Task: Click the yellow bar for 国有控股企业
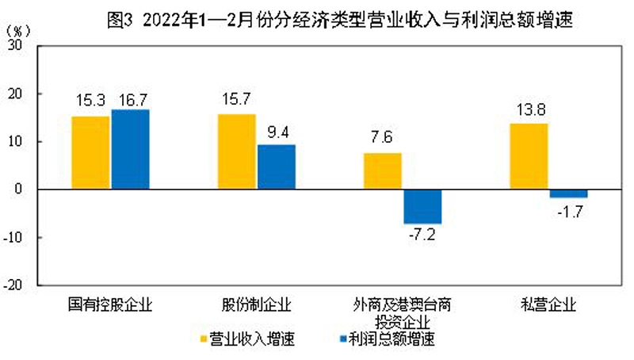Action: [x=91, y=152]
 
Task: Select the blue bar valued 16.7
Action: [x=131, y=149]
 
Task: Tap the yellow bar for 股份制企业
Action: [x=237, y=151]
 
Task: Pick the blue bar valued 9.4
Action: [x=277, y=167]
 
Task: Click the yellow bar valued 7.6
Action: [x=383, y=170]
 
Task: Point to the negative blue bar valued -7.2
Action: [x=422, y=206]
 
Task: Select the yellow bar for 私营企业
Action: [x=529, y=156]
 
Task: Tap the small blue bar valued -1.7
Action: [x=568, y=193]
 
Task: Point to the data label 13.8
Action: [x=529, y=109]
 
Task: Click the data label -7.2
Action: [x=422, y=235]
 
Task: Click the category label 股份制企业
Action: [x=256, y=304]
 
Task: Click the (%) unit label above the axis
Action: [x=18, y=31]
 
